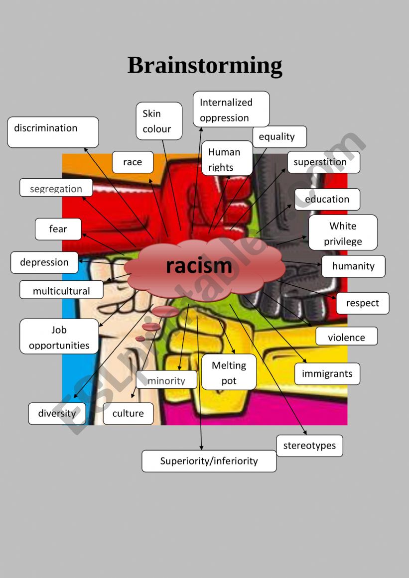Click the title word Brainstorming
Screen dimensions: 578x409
click(x=205, y=66)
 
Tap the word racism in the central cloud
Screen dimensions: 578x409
click(x=199, y=266)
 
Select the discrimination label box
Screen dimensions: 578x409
click(x=53, y=132)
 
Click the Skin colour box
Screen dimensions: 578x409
click(x=159, y=121)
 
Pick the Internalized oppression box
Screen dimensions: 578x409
click(x=231, y=110)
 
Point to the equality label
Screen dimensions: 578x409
click(x=279, y=137)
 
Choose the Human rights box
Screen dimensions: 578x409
click(x=227, y=159)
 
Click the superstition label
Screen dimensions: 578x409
click(x=323, y=162)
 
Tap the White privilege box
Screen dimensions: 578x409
click(x=343, y=232)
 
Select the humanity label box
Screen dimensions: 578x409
click(x=353, y=266)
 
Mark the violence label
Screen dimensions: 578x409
click(x=346, y=337)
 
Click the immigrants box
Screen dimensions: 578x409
click(x=327, y=374)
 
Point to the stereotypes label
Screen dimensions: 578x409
click(x=309, y=446)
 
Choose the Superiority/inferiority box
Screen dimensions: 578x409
click(x=209, y=461)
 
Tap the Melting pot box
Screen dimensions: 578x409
click(x=229, y=372)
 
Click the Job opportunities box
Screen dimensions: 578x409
click(x=59, y=337)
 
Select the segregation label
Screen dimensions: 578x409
click(x=56, y=188)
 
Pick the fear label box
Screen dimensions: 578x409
click(x=58, y=229)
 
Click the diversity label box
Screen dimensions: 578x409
click(x=57, y=414)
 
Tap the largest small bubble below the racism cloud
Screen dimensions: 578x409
click(x=165, y=312)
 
